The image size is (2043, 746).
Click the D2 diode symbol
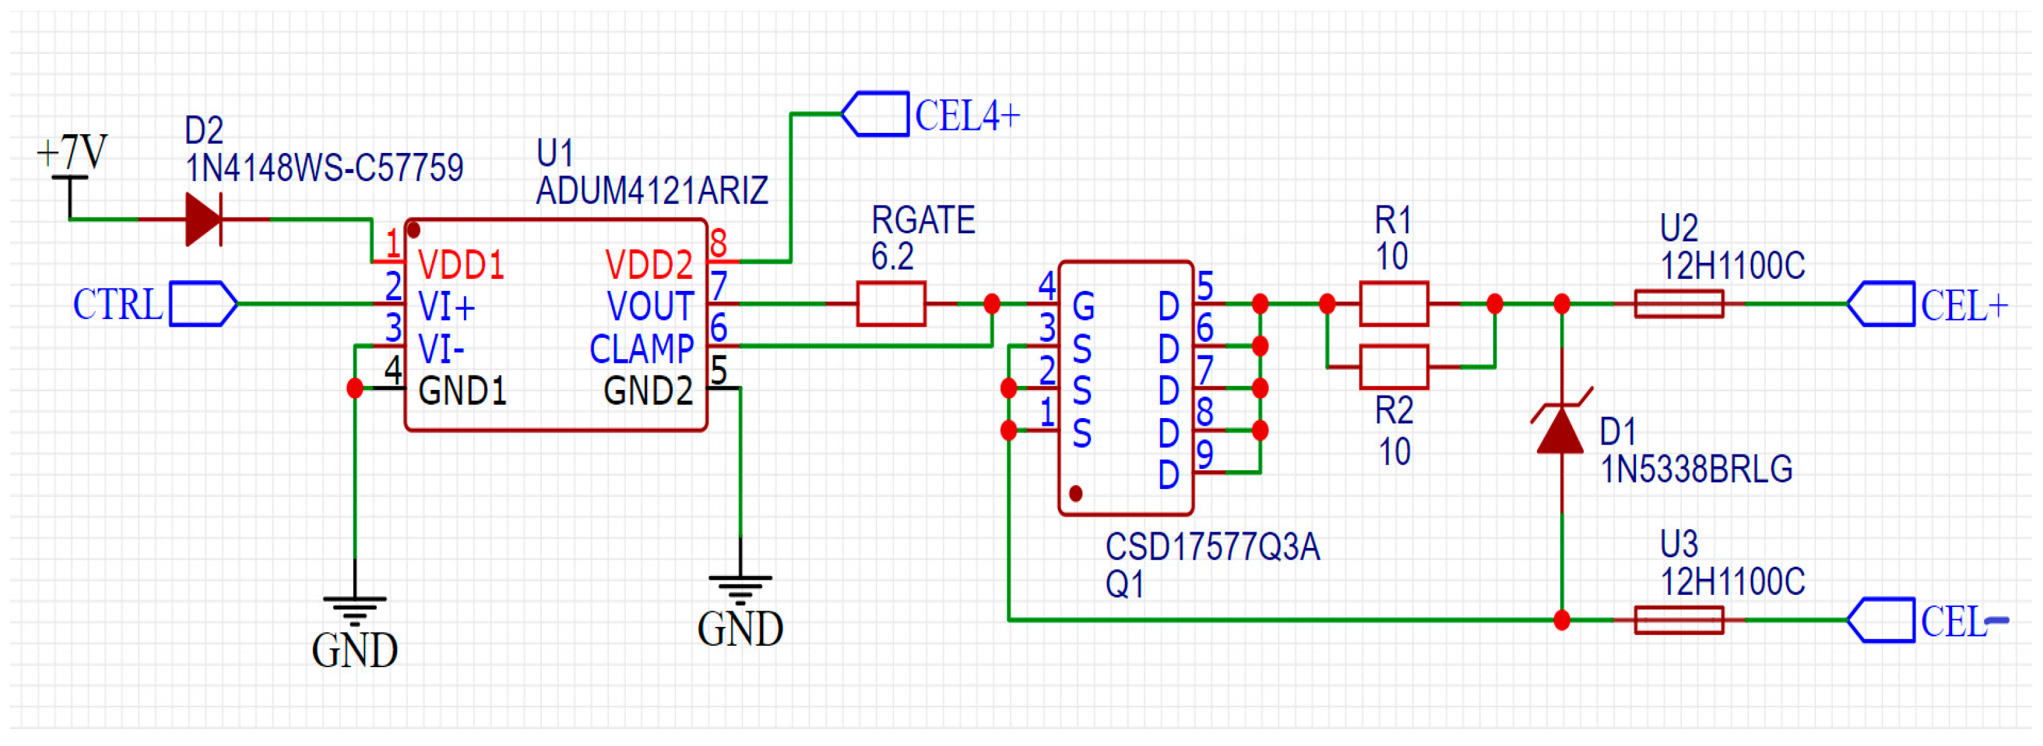click(203, 219)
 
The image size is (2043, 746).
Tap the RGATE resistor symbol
click(890, 303)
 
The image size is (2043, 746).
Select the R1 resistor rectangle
click(1393, 303)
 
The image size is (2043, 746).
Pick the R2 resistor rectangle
click(1393, 367)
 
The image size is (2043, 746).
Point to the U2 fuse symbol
click(1678, 303)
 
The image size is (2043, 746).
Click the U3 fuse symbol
click(1678, 620)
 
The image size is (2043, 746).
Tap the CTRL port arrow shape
click(203, 303)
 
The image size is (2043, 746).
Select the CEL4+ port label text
click(967, 116)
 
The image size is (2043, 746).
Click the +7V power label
click(73, 152)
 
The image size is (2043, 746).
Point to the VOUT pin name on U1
click(650, 307)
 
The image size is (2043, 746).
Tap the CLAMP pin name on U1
click(641, 349)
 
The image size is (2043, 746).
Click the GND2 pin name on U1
click(647, 391)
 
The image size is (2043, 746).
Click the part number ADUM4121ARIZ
click(652, 191)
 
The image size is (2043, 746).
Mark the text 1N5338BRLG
click(1696, 470)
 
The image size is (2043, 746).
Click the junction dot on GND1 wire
click(354, 389)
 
